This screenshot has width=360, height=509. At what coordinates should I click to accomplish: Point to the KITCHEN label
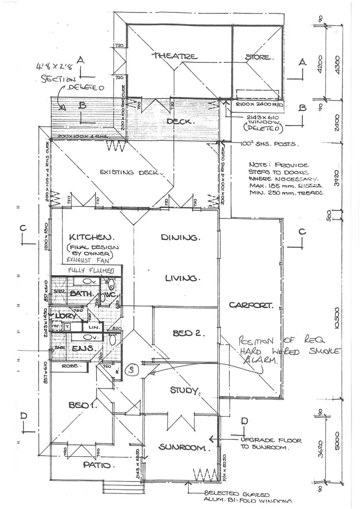[x=91, y=237]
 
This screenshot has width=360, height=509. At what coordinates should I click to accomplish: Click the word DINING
[x=180, y=237]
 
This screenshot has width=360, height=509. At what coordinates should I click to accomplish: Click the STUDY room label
[x=185, y=390]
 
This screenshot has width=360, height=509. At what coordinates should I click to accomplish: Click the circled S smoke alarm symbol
[x=130, y=370]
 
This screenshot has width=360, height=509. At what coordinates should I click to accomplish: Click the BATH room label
[x=79, y=293]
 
